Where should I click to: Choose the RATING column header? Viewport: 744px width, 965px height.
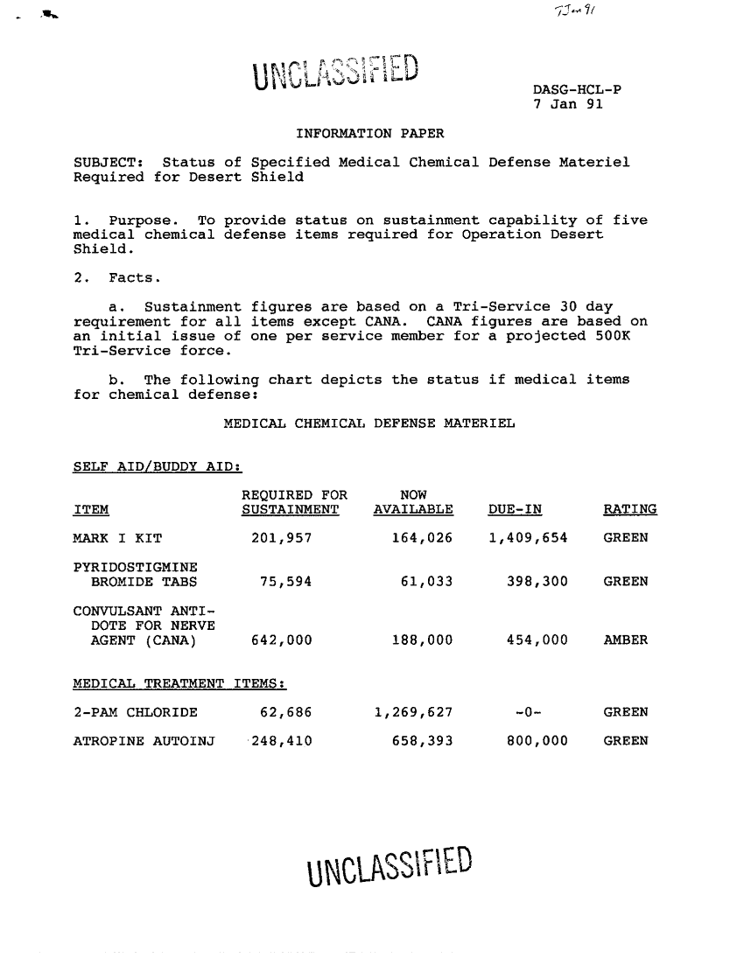(x=630, y=510)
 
